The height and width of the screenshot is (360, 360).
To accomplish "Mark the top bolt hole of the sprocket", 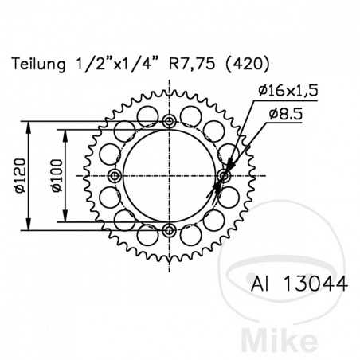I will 168,121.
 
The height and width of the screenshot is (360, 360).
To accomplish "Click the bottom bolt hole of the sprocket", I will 168,230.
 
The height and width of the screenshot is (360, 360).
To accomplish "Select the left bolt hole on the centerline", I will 114,176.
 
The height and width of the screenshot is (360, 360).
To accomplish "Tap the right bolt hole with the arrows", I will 223,176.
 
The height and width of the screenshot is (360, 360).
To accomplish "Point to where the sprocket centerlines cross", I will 168,176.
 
